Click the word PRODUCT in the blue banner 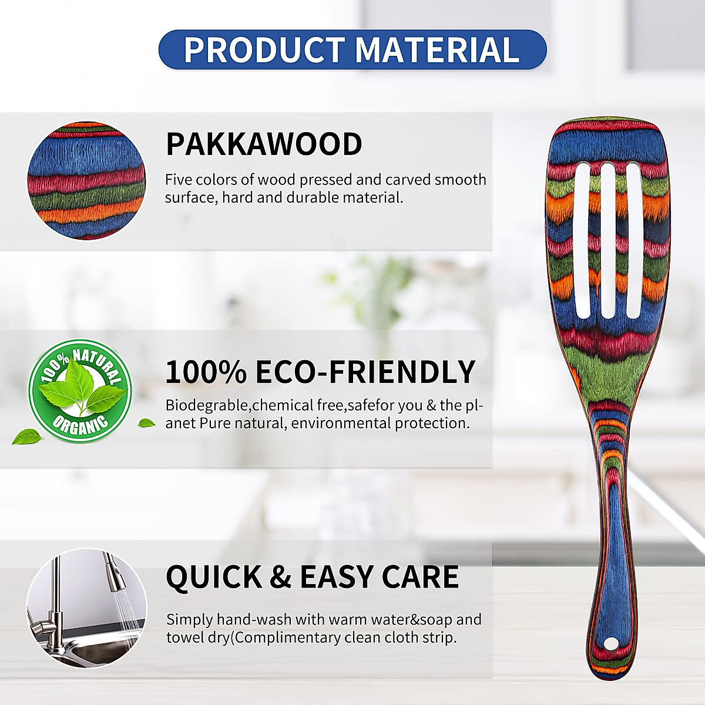tap(264, 50)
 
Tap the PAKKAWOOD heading tap(264, 144)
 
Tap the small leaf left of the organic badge tap(28, 437)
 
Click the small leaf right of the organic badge tap(146, 422)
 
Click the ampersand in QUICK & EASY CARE tap(280, 577)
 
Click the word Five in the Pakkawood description tap(177, 180)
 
